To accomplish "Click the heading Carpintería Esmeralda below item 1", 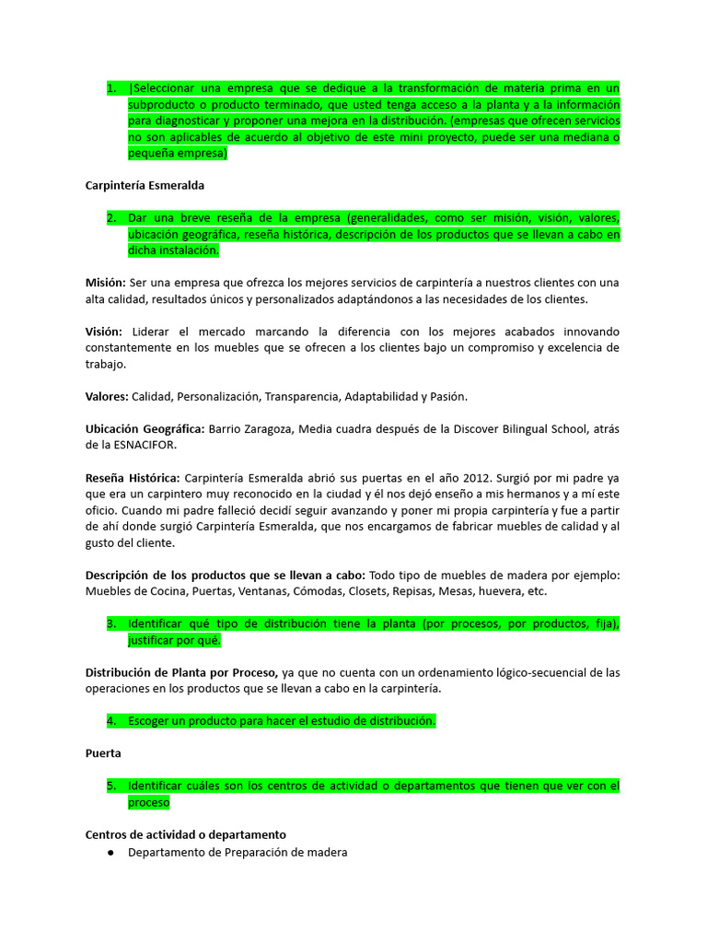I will (x=145, y=185).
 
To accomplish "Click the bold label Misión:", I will (x=106, y=282).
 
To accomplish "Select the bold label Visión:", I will (x=104, y=331).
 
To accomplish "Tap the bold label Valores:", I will (x=107, y=396).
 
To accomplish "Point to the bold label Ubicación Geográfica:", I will (x=145, y=429).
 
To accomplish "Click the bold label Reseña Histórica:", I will (x=133, y=478).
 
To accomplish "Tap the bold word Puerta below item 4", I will (x=103, y=752).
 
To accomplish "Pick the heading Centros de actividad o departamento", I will (x=185, y=834).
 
